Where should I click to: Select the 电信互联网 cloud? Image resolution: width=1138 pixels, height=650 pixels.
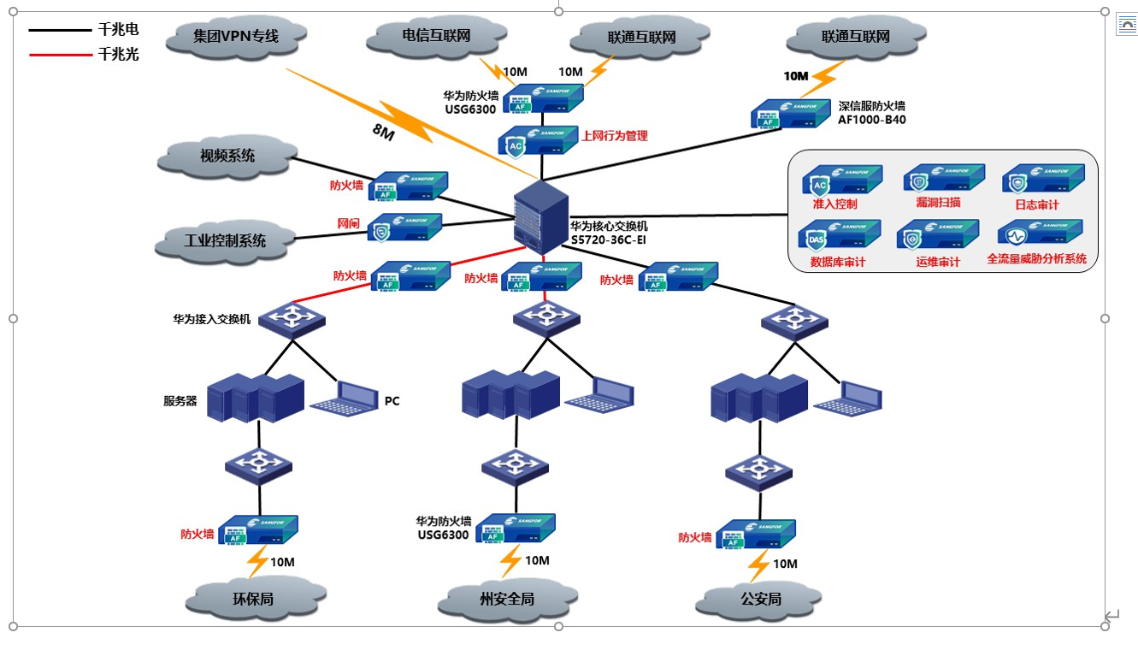pos(436,37)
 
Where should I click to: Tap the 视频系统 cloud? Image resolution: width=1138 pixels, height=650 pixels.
pos(227,156)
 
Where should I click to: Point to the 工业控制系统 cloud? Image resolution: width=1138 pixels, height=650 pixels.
pos(225,240)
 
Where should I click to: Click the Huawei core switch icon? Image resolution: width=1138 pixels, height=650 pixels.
pos(540,217)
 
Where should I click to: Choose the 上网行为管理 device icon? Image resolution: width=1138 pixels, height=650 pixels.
pos(538,140)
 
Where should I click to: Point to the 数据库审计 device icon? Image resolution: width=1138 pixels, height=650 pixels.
pos(838,235)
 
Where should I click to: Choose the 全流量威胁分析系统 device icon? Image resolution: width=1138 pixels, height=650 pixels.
pos(1040,233)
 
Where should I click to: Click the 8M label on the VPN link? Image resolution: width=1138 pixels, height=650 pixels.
pos(382,131)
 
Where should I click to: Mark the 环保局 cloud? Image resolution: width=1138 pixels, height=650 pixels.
pos(254,598)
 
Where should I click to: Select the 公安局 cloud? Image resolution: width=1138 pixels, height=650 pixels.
pos(761,598)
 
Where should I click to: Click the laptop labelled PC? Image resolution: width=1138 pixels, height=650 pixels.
pos(345,399)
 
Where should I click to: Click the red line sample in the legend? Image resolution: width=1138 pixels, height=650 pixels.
pos(60,55)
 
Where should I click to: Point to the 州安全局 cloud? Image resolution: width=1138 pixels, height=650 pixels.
pos(506,598)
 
